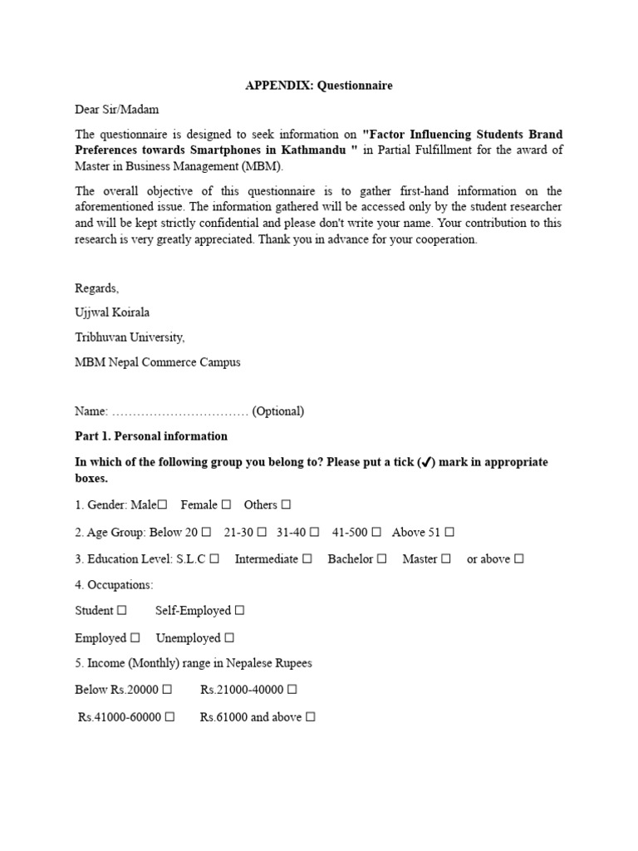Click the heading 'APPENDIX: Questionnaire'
pos(319,85)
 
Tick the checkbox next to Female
pos(226,504)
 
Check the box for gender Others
pos(286,504)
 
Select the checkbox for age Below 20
pos(206,532)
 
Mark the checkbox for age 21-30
pos(262,532)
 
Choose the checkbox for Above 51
pos(449,532)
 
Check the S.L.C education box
pos(214,559)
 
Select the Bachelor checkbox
pos(381,559)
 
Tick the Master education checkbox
pos(446,559)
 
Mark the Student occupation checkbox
pos(122,610)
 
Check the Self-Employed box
pos(239,610)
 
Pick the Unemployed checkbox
pos(229,638)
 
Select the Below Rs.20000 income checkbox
pos(167,689)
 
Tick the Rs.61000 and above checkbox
pos(311,716)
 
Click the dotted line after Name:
pos(179,411)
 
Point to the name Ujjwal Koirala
pos(112,312)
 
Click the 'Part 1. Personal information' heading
pos(151,435)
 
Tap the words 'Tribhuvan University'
pos(130,337)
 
